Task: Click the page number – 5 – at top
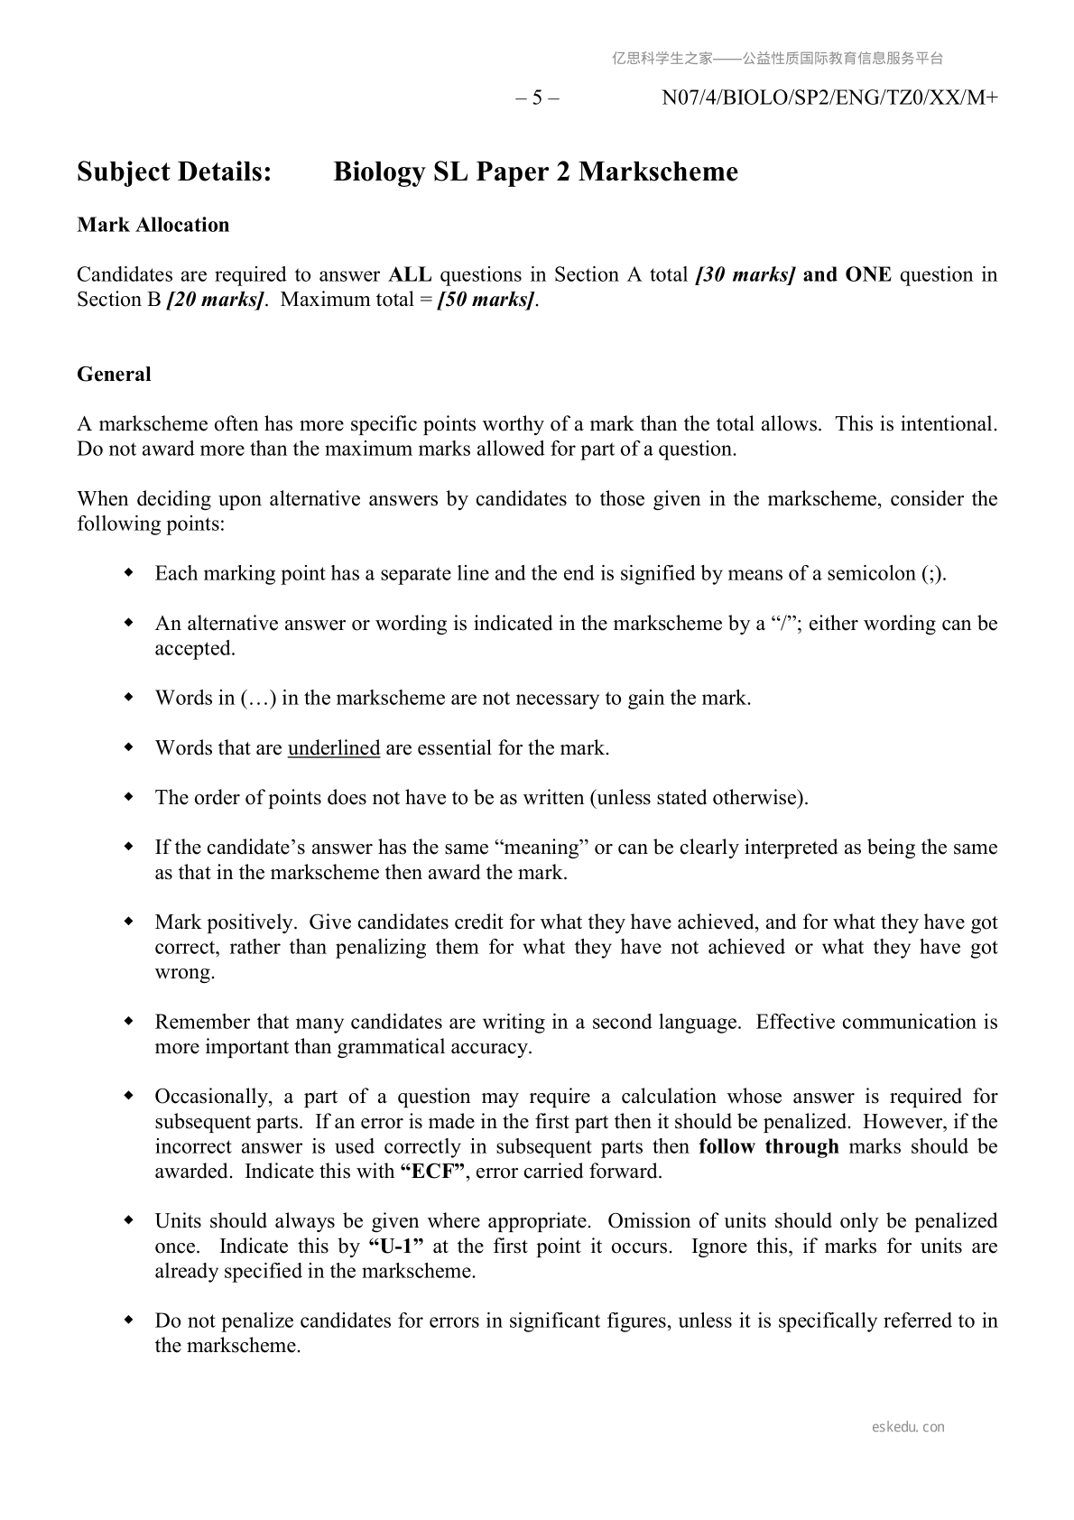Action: (x=537, y=98)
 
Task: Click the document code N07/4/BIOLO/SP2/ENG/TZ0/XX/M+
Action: (x=829, y=98)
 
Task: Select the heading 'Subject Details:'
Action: (x=174, y=171)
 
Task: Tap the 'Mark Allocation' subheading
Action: (x=153, y=225)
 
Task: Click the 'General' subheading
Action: (x=114, y=374)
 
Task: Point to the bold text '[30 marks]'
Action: (x=745, y=274)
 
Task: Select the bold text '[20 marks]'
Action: (x=216, y=300)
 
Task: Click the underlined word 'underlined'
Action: (x=334, y=748)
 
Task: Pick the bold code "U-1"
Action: (x=396, y=1247)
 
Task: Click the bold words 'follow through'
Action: (x=769, y=1146)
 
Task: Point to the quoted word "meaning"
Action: (x=542, y=848)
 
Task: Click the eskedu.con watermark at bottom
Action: (x=908, y=1427)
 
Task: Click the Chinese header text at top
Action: (x=777, y=59)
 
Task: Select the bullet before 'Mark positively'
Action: (x=129, y=922)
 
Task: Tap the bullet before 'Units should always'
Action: (x=129, y=1221)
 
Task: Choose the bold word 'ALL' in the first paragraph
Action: (x=410, y=274)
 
